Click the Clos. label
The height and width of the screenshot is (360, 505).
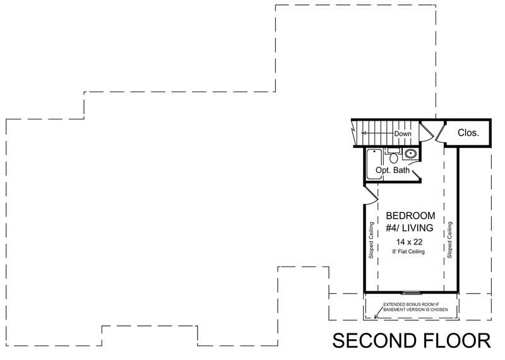click(468, 133)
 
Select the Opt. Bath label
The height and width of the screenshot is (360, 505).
click(393, 171)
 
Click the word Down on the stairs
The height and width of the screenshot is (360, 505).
click(403, 134)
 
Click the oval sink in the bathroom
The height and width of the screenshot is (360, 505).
click(410, 153)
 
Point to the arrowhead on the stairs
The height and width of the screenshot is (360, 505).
click(364, 134)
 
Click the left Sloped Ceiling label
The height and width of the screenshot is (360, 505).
click(371, 241)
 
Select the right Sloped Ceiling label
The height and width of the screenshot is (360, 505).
click(450, 241)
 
